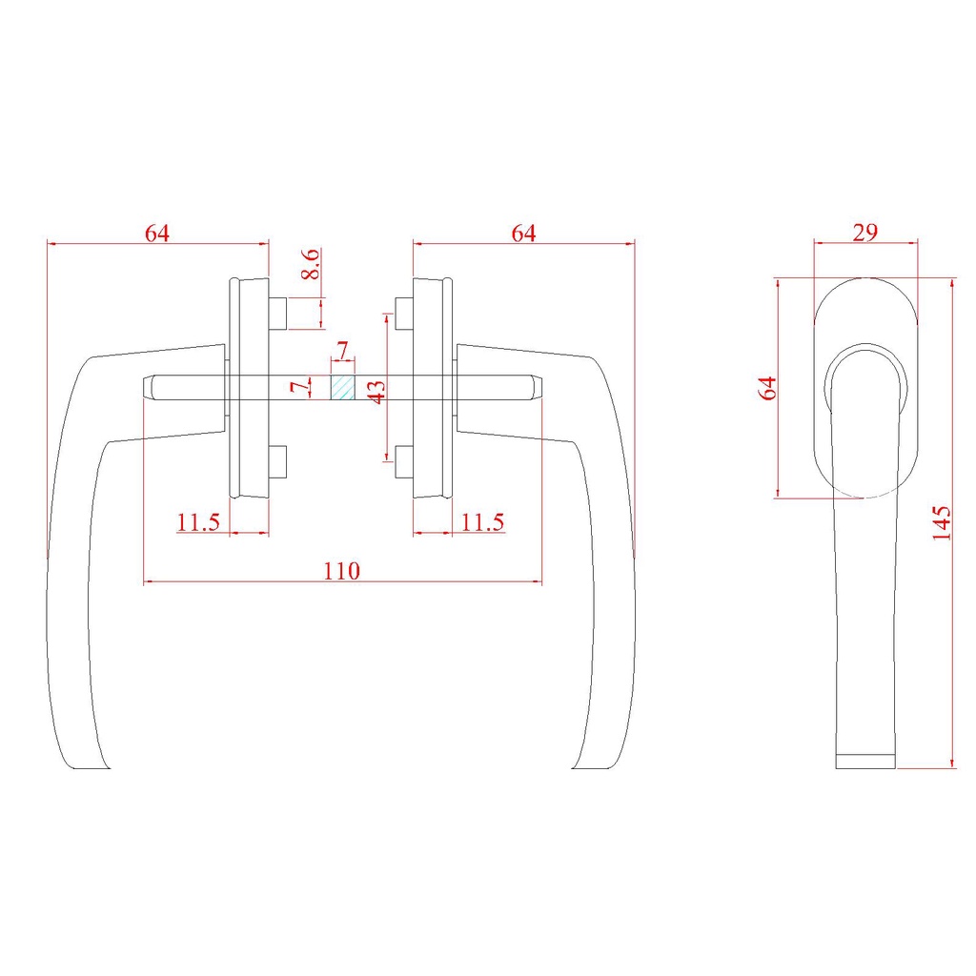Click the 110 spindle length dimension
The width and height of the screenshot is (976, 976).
341,571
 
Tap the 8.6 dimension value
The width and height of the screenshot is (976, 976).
312,264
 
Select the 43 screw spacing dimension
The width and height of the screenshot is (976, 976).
376,392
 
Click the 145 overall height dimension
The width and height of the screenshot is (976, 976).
942,523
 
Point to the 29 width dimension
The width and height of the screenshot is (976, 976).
865,233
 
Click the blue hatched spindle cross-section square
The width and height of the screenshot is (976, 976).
342,388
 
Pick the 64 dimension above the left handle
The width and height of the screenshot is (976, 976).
157,234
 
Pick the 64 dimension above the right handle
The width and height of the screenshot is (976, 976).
523,234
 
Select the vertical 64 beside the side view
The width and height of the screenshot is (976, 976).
768,388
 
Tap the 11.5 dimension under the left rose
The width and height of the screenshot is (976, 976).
198,522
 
